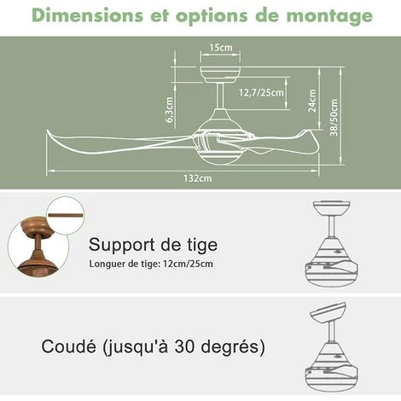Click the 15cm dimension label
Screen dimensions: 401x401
[x=221, y=48]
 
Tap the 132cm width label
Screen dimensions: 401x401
[x=198, y=178]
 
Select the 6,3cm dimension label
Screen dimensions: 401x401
[x=169, y=109]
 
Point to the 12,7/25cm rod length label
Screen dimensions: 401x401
[x=261, y=93]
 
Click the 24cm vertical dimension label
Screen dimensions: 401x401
[x=312, y=101]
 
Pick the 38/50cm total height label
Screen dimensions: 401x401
[x=334, y=117]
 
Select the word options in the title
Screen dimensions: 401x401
[x=212, y=17]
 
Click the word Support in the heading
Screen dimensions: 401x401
[x=123, y=245]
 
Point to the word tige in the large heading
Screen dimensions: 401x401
[x=202, y=245]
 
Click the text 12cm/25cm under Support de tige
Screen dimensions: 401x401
[x=188, y=264]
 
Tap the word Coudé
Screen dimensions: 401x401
[x=68, y=346]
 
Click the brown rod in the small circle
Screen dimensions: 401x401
[x=66, y=215]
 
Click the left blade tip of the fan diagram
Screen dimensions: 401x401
[x=48, y=131]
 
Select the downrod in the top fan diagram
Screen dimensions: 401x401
[x=219, y=96]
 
